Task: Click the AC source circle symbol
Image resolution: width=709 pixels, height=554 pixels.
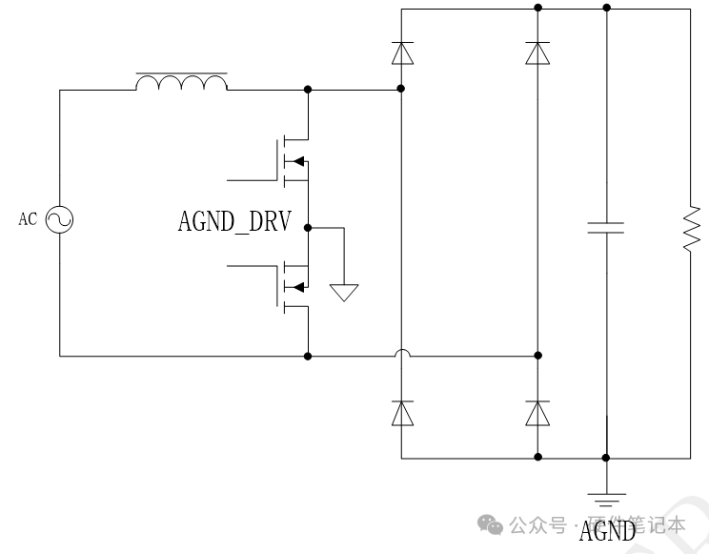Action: click(x=59, y=220)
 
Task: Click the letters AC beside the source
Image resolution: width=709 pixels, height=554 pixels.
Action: click(x=28, y=220)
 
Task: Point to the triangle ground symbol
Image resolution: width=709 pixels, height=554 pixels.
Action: click(x=344, y=292)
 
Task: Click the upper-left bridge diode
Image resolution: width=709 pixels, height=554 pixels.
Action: click(x=402, y=52)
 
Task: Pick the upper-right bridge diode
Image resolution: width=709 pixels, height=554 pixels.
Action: click(x=538, y=52)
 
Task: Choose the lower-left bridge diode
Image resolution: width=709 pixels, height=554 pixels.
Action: click(x=402, y=413)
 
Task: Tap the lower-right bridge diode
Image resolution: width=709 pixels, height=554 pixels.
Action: click(x=538, y=413)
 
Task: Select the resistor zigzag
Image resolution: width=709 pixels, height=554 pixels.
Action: click(x=693, y=228)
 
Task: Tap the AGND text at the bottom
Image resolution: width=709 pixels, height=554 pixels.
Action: click(x=607, y=530)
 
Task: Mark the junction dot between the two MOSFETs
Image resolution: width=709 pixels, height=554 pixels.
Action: click(x=308, y=228)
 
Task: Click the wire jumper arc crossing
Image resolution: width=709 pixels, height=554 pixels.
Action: click(x=402, y=355)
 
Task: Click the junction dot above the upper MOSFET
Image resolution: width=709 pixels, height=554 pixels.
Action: click(x=308, y=91)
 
